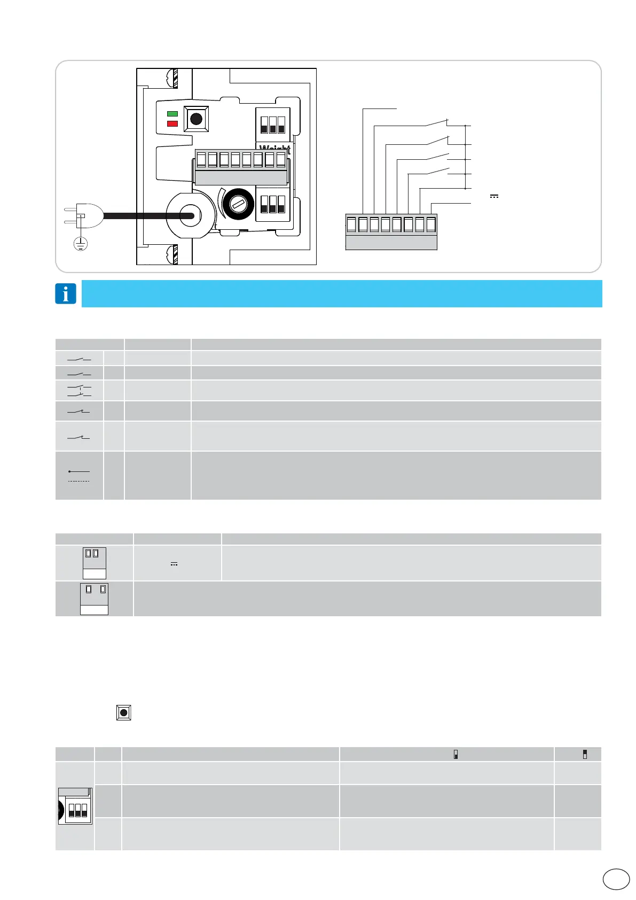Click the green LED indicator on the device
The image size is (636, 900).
172,114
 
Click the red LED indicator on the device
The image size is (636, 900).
172,123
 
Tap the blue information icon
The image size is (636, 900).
66,293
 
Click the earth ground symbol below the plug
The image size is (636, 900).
80,244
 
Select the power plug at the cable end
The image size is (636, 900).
83,216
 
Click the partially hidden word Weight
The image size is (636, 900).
274,148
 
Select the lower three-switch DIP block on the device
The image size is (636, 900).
272,204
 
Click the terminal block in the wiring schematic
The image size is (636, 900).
391,232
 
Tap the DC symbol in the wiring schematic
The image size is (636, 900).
494,196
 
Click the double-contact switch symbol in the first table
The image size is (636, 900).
80,391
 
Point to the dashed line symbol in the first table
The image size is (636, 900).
79,481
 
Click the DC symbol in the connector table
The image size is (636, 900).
174,564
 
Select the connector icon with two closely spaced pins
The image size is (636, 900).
95,563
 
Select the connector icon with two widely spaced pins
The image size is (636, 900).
95,599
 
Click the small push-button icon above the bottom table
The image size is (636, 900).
124,712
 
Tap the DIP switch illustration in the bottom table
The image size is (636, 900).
75,806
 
